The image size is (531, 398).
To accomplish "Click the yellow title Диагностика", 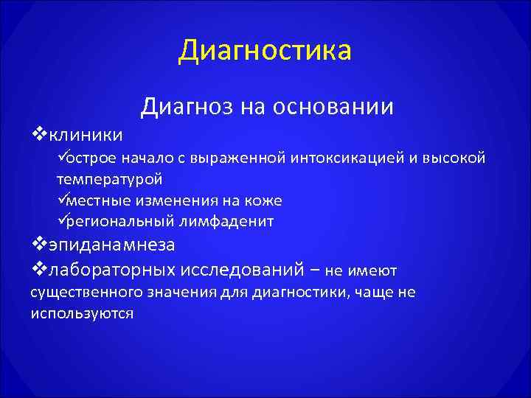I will [x=265, y=51].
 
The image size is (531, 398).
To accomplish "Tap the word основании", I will [x=333, y=107].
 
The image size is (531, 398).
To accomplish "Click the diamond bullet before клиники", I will [x=39, y=134].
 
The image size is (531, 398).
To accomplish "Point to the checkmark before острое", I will [x=61, y=157].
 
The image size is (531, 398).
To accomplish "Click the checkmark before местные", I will [x=61, y=199].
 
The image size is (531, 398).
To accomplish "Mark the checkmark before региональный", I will [x=61, y=220].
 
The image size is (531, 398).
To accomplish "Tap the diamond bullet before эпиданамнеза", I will [x=39, y=244].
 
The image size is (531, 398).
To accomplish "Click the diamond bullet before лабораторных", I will [x=39, y=269].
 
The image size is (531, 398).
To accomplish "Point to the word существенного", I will [x=83, y=293].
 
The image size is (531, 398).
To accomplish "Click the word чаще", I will [x=373, y=293].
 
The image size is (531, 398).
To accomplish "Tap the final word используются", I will [x=82, y=313].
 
